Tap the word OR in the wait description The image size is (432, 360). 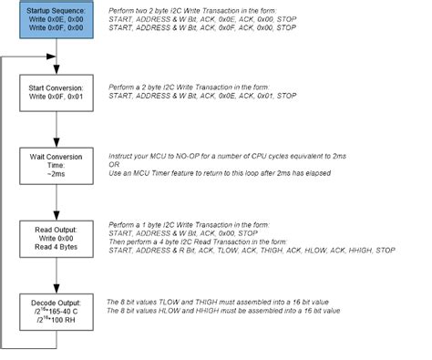[114, 165]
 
